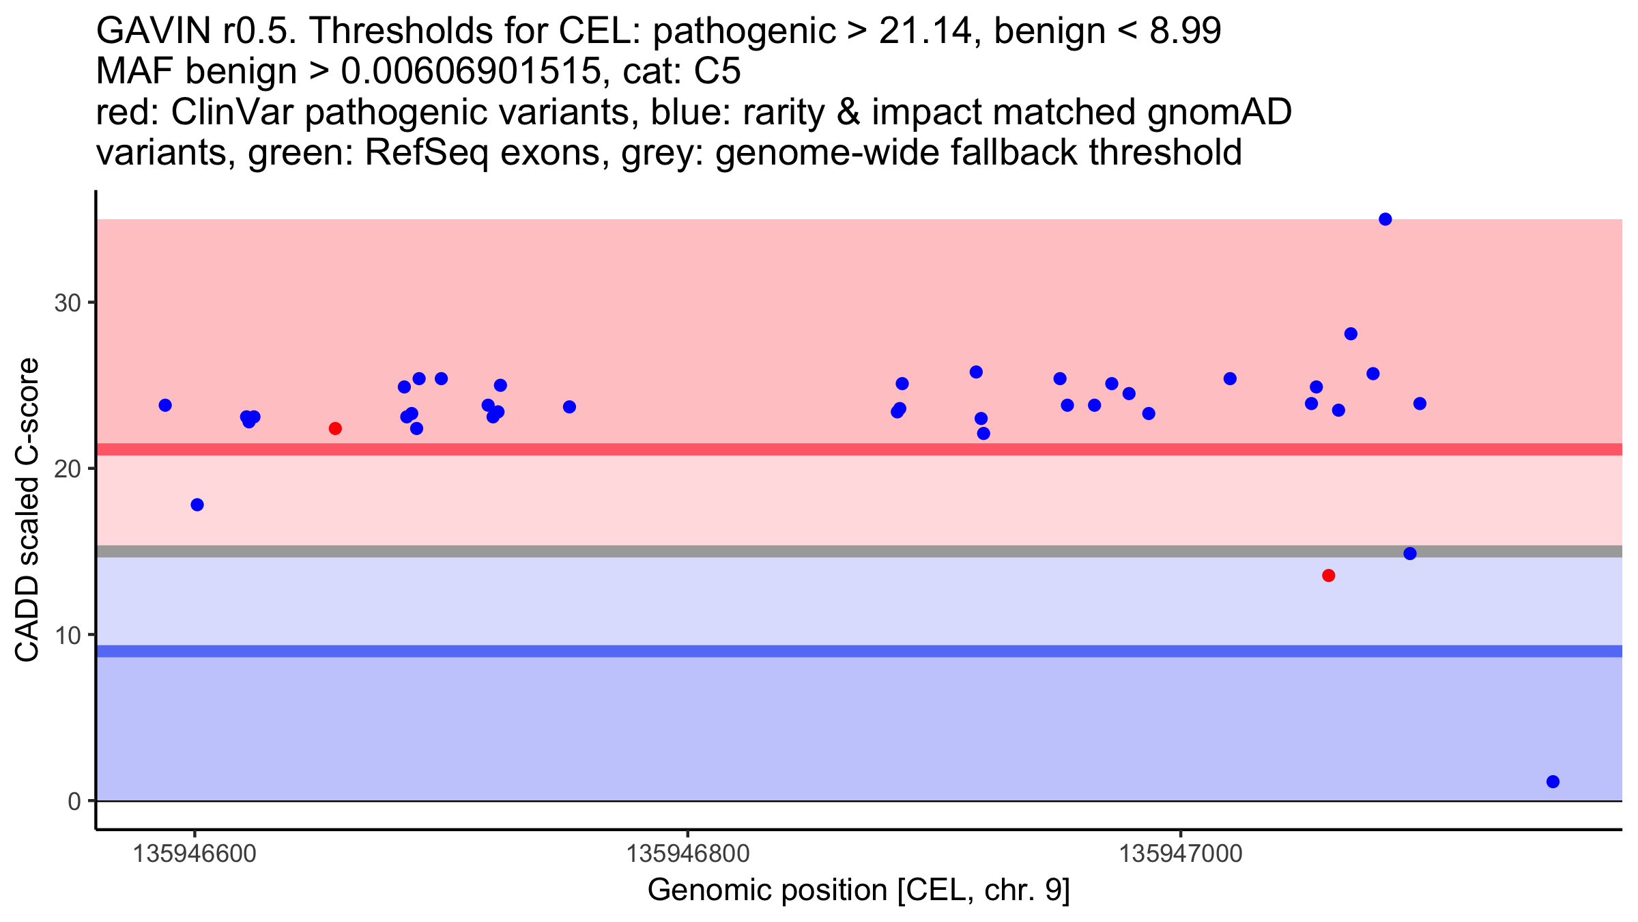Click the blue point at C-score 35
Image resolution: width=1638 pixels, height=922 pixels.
pyautogui.click(x=1385, y=219)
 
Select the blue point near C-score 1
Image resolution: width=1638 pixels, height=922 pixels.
pyautogui.click(x=1553, y=781)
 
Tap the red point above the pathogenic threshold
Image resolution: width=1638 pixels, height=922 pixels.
pyautogui.click(x=335, y=428)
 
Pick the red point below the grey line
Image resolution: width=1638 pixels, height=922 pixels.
pyautogui.click(x=1328, y=576)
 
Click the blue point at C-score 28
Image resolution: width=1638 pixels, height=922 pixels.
pyautogui.click(x=1351, y=334)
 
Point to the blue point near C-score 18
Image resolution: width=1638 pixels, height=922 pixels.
pyautogui.click(x=197, y=505)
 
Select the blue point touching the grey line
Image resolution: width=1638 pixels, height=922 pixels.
pyautogui.click(x=1410, y=553)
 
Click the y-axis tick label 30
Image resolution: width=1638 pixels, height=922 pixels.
pyautogui.click(x=68, y=303)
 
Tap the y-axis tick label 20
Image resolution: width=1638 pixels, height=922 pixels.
pyautogui.click(x=68, y=469)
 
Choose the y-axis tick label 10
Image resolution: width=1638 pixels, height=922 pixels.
pyautogui.click(x=68, y=635)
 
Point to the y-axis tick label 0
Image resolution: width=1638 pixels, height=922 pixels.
pyautogui.click(x=74, y=801)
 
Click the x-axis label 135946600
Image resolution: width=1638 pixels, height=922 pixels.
pyautogui.click(x=195, y=854)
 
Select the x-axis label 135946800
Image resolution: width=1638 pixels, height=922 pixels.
pyautogui.click(x=687, y=854)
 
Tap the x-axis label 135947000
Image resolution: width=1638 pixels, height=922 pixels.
pyautogui.click(x=1181, y=854)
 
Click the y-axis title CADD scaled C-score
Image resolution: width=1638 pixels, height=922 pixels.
pyautogui.click(x=27, y=511)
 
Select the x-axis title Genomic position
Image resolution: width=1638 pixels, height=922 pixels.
pyautogui.click(x=859, y=891)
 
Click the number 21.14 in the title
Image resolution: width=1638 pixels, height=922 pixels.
pyautogui.click(x=926, y=31)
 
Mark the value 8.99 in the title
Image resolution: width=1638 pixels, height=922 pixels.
pyautogui.click(x=1186, y=31)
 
